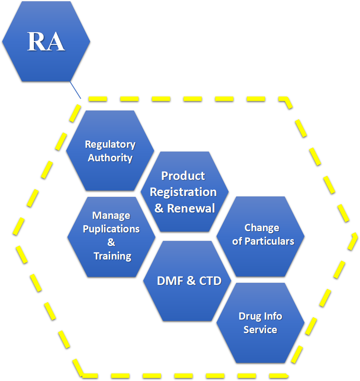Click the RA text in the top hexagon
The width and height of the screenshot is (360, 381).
click(x=46, y=41)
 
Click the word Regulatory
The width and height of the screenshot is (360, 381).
click(x=110, y=144)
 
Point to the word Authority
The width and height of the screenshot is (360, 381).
click(x=110, y=158)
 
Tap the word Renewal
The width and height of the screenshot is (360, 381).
click(x=191, y=208)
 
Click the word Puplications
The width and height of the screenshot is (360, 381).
click(x=111, y=229)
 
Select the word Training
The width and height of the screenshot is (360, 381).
click(x=112, y=256)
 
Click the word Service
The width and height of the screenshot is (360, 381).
click(x=260, y=330)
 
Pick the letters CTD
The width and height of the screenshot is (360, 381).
click(x=210, y=281)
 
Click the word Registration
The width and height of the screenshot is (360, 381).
click(x=183, y=192)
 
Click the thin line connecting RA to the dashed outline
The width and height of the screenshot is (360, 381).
click(x=75, y=90)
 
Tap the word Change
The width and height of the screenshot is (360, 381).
click(x=262, y=228)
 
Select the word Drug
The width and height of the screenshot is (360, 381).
click(x=249, y=316)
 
